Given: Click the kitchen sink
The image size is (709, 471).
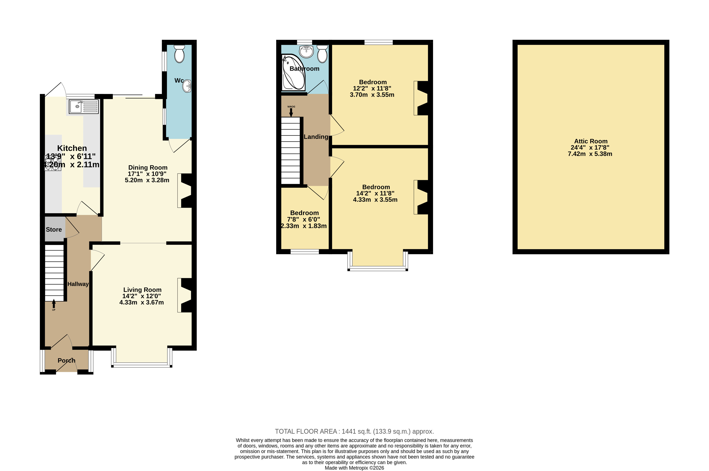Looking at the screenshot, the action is pos(84,107).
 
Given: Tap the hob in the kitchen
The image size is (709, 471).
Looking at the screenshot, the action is pos(53,163).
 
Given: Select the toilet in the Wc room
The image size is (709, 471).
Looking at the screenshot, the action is pos(179,54).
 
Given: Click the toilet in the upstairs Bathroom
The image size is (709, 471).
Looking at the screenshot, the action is pos(322,54).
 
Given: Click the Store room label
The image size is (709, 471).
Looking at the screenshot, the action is pos(54,229).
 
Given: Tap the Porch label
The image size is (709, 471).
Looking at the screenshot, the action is pos(66,360).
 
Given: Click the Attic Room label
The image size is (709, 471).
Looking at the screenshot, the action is pos(591,141).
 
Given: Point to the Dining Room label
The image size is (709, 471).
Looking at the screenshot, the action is pos(148,168).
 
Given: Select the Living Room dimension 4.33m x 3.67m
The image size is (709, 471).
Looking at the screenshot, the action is pos(142,302).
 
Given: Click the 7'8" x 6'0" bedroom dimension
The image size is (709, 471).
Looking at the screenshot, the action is pos(303,220).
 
